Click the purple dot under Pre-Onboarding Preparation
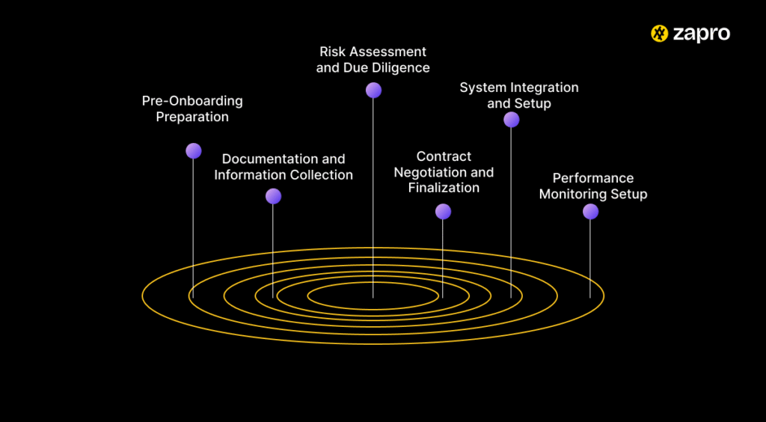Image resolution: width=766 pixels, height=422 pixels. coord(194,151)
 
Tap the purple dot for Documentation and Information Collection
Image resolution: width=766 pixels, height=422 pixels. coord(273,196)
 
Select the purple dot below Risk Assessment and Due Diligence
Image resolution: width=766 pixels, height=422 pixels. coord(373,91)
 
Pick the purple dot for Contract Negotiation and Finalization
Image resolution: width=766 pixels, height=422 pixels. coord(443,212)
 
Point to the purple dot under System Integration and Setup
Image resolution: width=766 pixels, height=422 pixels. coord(511,120)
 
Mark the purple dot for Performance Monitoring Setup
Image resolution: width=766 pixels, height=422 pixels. coord(590,212)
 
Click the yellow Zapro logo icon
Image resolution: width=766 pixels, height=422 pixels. coord(660,34)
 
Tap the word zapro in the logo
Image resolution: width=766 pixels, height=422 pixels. coord(702,34)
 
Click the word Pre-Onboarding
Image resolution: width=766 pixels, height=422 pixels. coord(192,101)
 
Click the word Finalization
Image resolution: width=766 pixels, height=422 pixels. coord(444,188)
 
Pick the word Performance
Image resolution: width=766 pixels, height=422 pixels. coord(593,178)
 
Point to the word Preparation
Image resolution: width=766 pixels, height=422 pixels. coord(192,117)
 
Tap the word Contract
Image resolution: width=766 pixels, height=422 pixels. coord(444,156)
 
